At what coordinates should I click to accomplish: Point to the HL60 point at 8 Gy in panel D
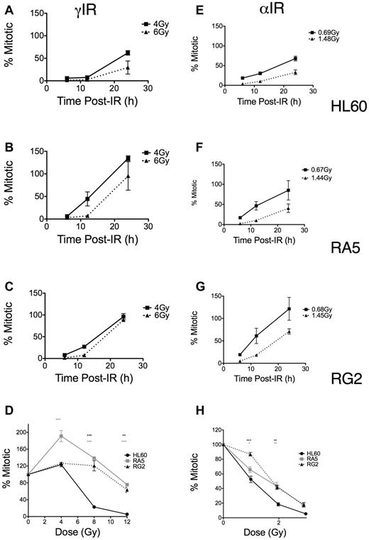coord(114,507)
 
